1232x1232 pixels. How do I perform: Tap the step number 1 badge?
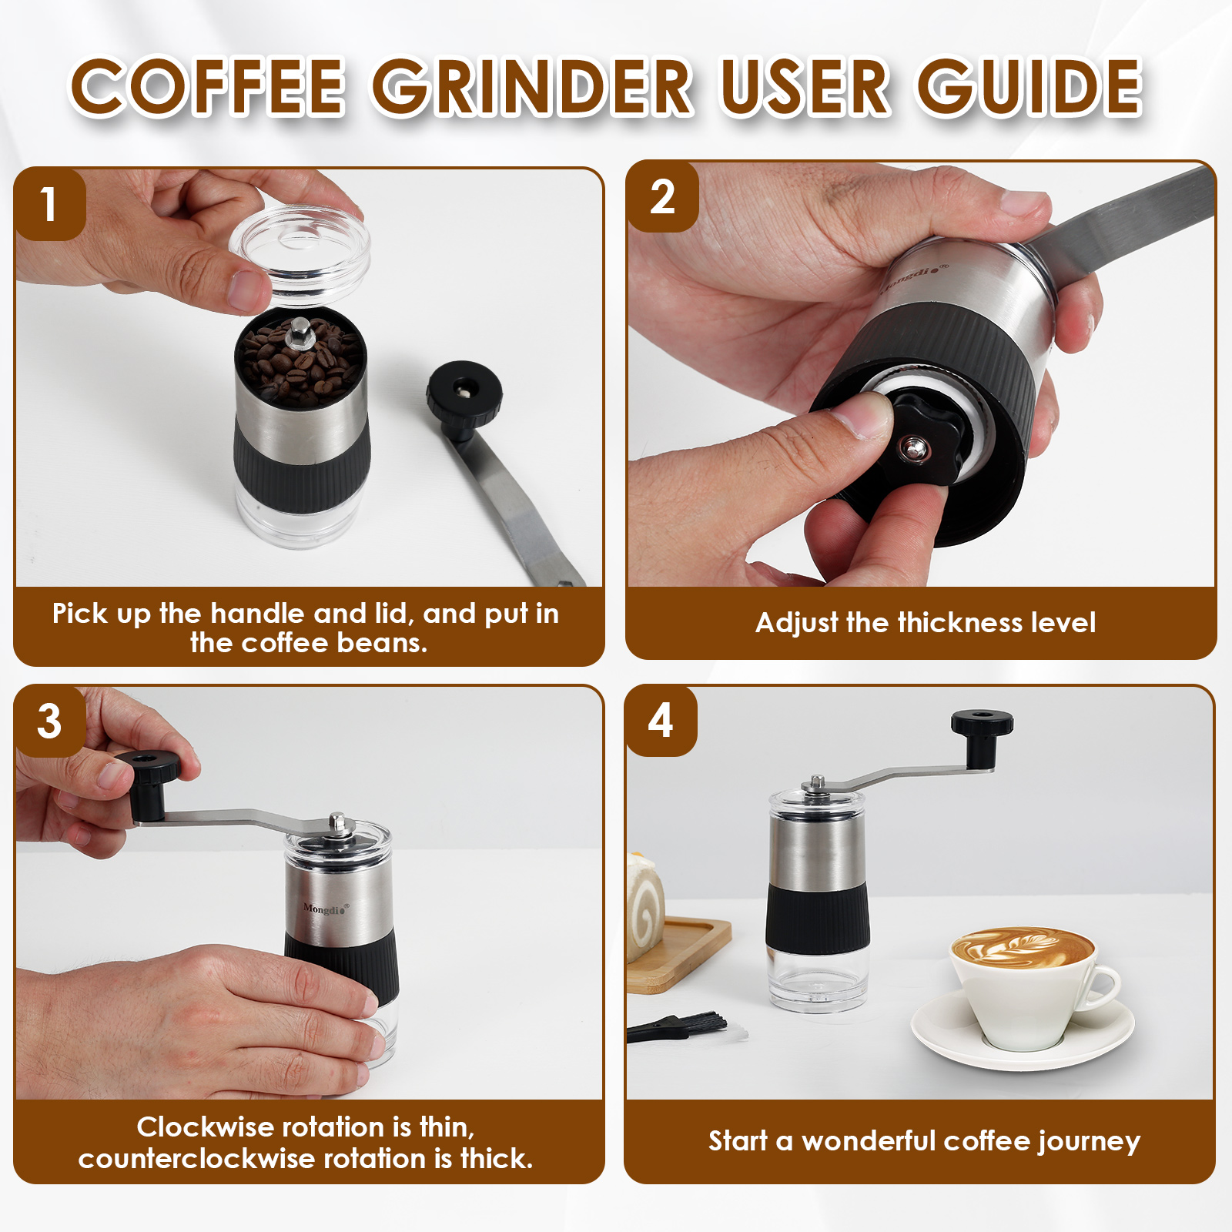click(49, 205)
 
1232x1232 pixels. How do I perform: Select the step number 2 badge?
click(662, 197)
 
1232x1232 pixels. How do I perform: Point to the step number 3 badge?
click(49, 721)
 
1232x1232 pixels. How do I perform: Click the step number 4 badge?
click(661, 721)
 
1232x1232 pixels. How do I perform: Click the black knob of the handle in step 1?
click(464, 393)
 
